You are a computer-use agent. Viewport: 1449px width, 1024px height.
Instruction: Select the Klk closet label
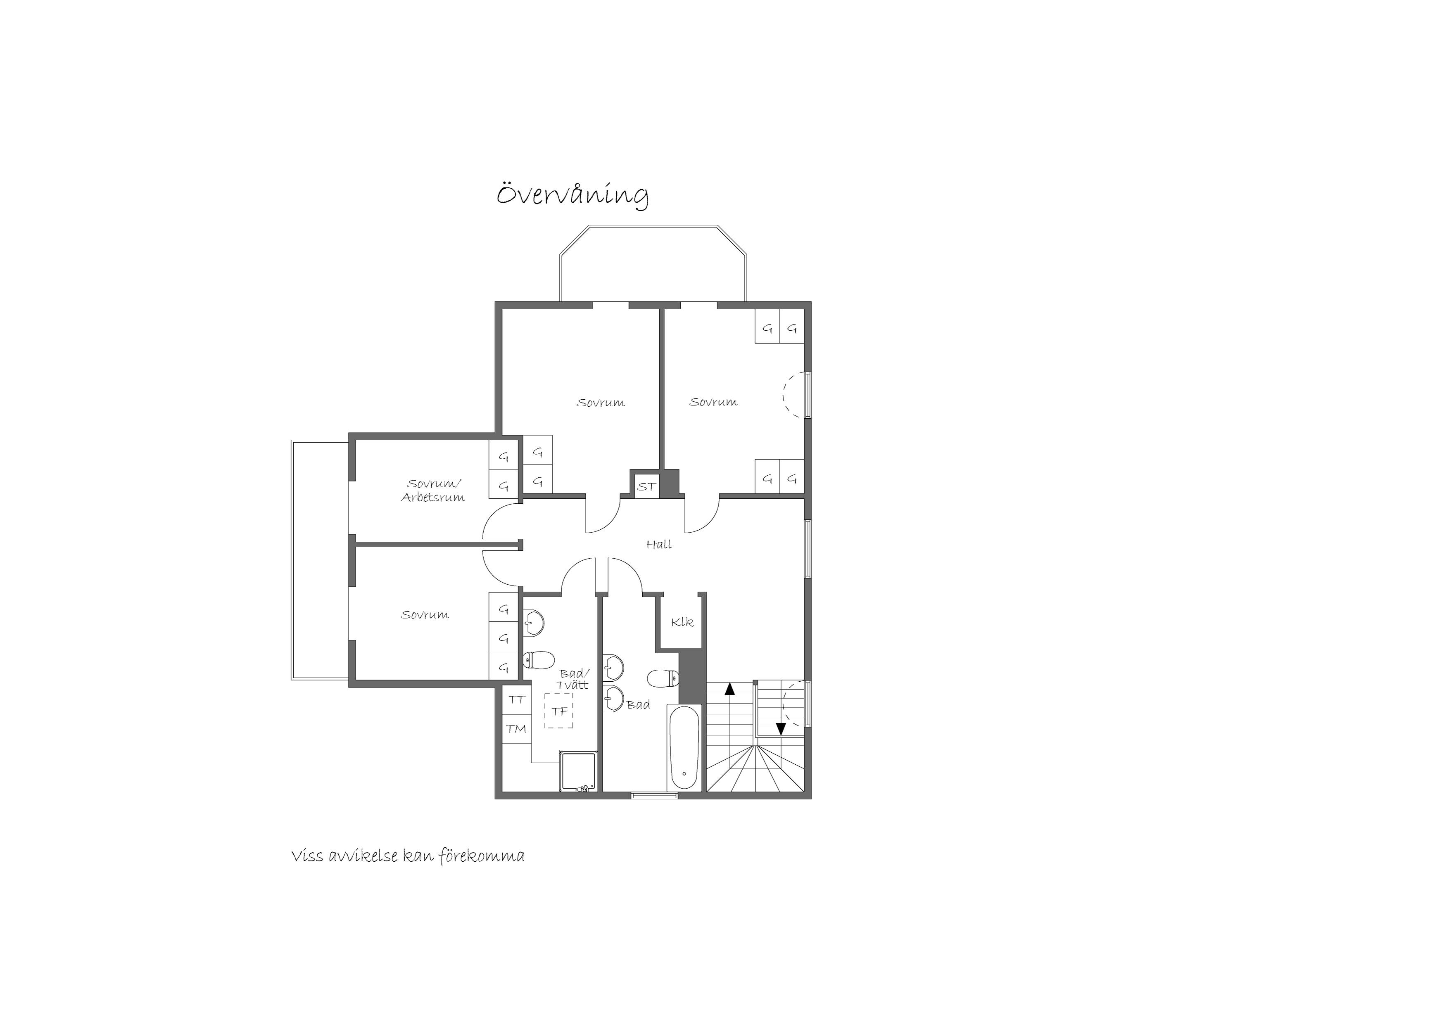[x=682, y=622]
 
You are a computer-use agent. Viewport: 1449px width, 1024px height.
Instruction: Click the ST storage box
[x=646, y=486]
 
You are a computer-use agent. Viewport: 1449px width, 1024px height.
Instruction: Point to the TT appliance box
[x=517, y=700]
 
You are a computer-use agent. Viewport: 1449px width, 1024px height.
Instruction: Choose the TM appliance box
[x=517, y=729]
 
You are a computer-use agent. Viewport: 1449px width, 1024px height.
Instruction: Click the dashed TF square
[x=559, y=711]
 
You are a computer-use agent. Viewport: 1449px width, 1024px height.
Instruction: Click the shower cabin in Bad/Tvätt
[x=578, y=770]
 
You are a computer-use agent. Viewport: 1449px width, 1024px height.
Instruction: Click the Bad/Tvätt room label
[x=573, y=679]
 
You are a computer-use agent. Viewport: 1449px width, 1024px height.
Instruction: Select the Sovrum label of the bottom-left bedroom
[x=425, y=614]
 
